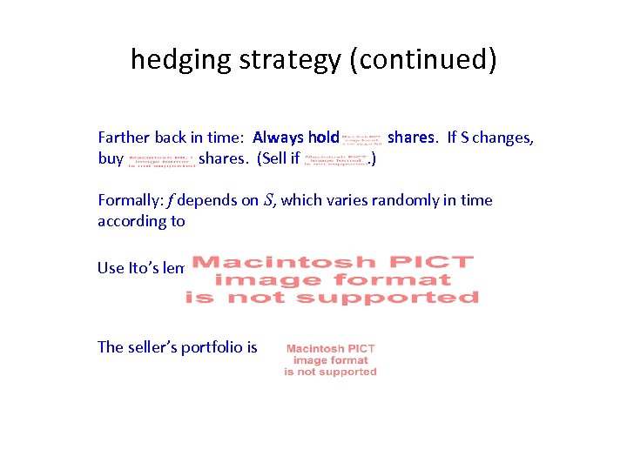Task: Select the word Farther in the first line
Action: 125,138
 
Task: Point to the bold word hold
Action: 324,138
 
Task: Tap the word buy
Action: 111,159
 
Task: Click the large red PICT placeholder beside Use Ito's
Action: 332,279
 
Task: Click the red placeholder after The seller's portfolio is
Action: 330,359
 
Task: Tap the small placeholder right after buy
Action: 161,160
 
